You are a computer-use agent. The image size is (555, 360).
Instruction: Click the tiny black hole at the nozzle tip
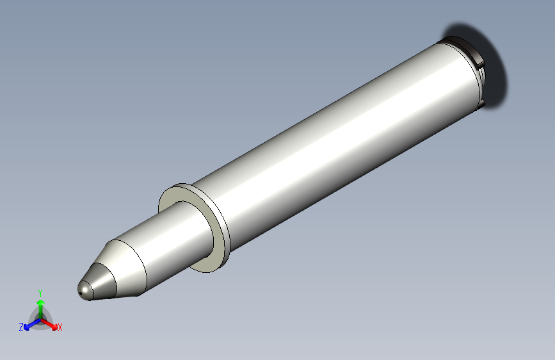pos(81,295)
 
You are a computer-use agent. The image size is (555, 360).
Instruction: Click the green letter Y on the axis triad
pos(40,291)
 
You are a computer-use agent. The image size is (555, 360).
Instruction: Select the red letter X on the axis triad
pos(60,328)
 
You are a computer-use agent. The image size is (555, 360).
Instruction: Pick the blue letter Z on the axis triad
pos(21,327)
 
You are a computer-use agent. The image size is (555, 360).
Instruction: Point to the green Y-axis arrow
pos(40,306)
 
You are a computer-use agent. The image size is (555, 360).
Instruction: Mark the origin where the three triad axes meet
pos(40,318)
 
